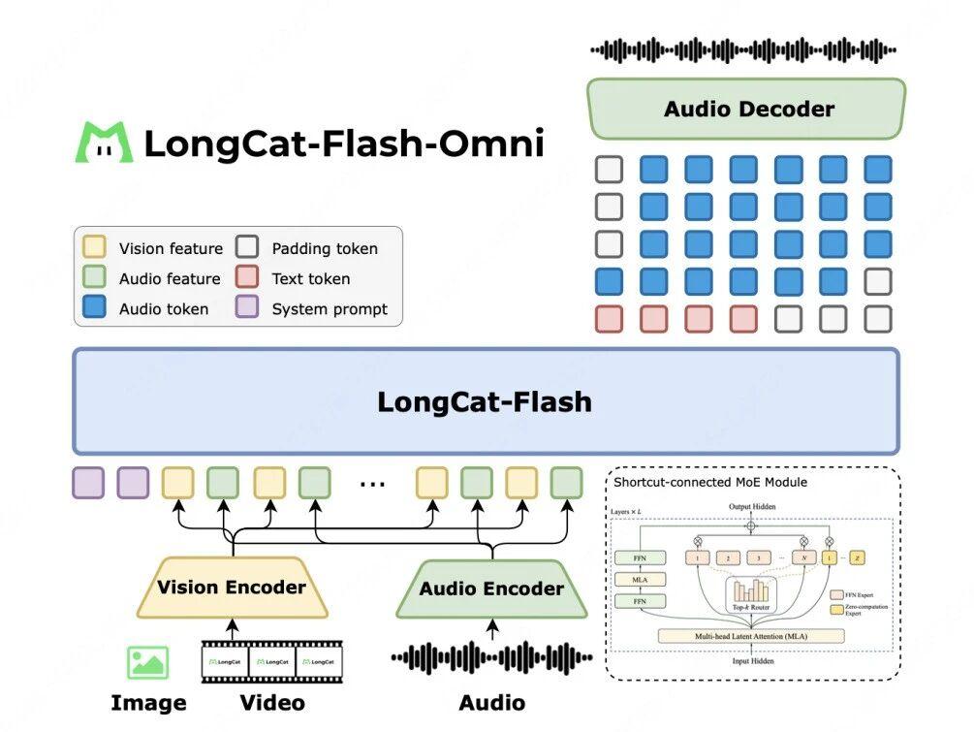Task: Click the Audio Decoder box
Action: tap(746, 109)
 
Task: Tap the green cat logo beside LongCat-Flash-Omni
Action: tap(105, 143)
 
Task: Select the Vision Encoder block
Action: tap(232, 588)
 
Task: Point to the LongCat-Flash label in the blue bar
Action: tap(485, 401)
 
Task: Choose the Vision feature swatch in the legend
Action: tap(94, 248)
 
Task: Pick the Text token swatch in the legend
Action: tap(247, 278)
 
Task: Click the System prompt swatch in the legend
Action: tap(247, 309)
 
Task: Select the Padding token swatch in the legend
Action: tap(247, 248)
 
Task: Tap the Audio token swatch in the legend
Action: tap(94, 309)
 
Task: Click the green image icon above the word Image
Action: tap(147, 662)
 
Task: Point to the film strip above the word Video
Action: tap(271, 661)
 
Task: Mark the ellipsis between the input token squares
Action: tap(372, 483)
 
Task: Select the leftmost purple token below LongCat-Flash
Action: tap(88, 483)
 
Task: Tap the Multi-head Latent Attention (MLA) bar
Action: tap(751, 636)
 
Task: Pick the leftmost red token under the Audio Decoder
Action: tap(609, 318)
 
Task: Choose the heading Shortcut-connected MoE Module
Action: tap(710, 482)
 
